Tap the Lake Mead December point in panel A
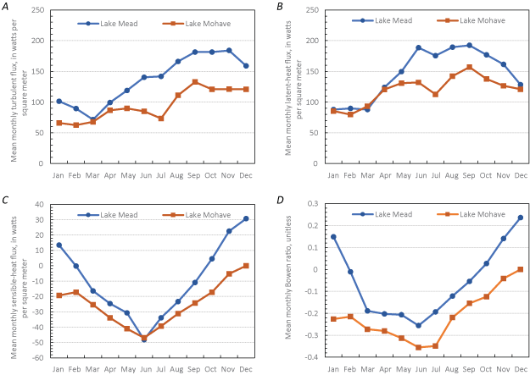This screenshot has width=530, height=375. [246, 66]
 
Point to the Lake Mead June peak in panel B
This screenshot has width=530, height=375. [419, 47]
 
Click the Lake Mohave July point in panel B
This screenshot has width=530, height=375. [436, 94]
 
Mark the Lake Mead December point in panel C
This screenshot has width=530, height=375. [246, 218]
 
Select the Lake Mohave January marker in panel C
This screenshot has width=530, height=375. [59, 295]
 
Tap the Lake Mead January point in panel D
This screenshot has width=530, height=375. [333, 237]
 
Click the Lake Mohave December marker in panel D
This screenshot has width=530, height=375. [520, 269]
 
